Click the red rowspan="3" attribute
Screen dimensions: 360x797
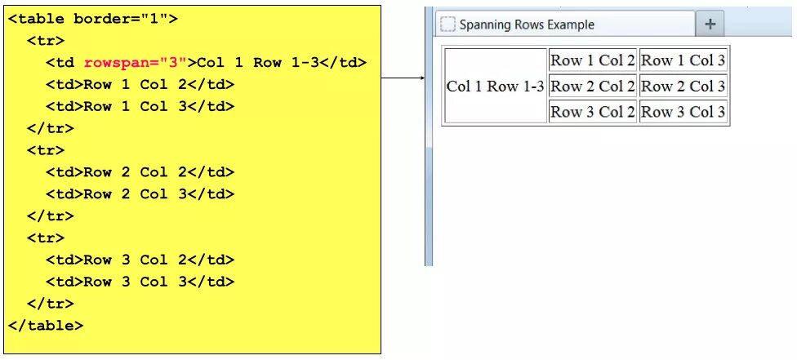[136, 63]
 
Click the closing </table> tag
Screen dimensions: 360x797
[46, 325]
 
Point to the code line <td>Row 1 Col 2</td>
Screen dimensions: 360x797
[140, 84]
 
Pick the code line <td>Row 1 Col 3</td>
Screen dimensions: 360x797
[140, 106]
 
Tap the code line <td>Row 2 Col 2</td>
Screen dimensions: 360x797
[140, 172]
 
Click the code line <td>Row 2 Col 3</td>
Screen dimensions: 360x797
[140, 194]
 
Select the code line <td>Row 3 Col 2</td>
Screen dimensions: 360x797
[140, 260]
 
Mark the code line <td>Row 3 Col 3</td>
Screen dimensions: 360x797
[140, 282]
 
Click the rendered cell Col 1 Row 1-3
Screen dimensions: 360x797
[495, 87]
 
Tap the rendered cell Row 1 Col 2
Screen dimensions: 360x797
[592, 60]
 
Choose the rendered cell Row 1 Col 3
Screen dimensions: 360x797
[683, 60]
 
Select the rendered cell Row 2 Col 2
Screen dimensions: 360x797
[592, 87]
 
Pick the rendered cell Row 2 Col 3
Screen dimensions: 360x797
[683, 87]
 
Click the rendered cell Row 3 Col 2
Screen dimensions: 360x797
[592, 113]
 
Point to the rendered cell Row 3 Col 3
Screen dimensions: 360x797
[683, 113]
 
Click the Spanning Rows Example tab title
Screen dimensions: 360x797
[527, 24]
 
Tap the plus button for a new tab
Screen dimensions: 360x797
[710, 24]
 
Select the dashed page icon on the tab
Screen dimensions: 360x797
[447, 24]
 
